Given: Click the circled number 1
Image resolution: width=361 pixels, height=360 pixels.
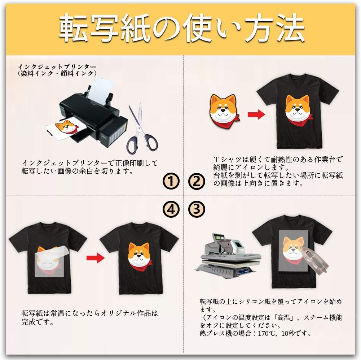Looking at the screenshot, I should [171, 181].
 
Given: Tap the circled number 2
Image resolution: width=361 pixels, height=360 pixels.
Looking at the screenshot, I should [197, 181].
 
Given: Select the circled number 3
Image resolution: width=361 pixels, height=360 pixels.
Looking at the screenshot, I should [197, 209].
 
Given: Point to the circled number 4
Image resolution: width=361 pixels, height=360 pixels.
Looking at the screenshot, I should [171, 209].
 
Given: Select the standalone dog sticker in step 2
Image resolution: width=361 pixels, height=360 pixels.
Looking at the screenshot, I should [224, 110].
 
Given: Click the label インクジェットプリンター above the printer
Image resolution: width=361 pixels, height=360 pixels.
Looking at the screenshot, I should [57, 67].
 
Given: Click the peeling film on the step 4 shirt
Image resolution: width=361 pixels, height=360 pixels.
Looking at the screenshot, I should [50, 263].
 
